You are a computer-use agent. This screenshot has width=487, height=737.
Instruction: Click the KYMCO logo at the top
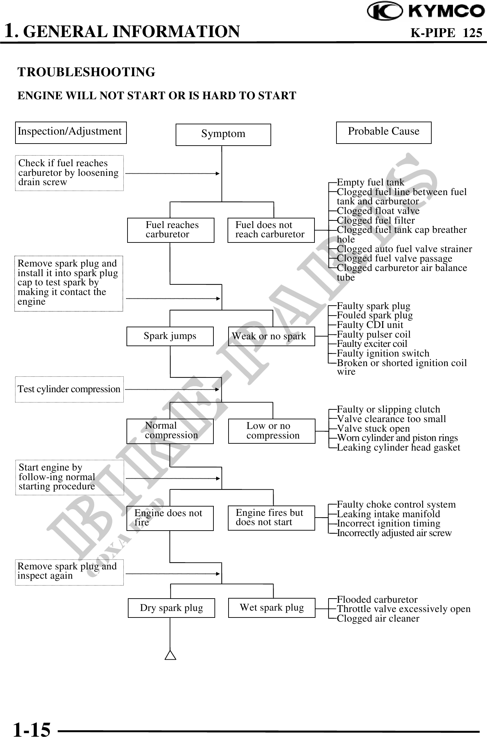click(x=426, y=11)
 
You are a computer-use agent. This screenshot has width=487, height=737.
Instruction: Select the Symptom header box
click(x=223, y=134)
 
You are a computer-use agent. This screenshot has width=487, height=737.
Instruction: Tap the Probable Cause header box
click(x=384, y=132)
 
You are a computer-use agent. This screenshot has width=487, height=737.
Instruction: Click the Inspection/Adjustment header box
click(x=71, y=132)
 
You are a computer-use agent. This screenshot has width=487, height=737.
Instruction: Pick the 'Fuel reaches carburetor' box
click(x=170, y=230)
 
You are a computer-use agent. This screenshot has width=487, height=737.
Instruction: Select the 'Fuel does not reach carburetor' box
click(x=271, y=230)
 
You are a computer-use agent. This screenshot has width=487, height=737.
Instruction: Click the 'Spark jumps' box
click(x=170, y=336)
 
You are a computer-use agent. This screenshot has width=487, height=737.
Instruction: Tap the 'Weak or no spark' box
click(x=272, y=336)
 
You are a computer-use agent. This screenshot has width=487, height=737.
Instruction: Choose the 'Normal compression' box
click(x=170, y=431)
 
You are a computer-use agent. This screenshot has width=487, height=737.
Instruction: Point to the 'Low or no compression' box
click(x=272, y=431)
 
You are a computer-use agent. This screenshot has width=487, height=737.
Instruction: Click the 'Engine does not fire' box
click(x=170, y=518)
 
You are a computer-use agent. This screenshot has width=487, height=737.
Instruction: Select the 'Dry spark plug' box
click(x=171, y=608)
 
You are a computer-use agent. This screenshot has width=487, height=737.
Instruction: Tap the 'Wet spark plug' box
click(x=272, y=608)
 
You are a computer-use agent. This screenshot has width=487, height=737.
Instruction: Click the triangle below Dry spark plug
click(x=170, y=656)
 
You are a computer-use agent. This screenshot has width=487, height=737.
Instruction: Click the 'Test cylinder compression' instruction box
click(x=69, y=389)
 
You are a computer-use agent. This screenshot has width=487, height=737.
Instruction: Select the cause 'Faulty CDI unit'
click(x=370, y=325)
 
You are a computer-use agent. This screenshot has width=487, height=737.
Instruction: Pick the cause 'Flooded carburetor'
click(x=377, y=600)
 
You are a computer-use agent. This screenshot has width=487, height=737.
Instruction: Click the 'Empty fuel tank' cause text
click(x=370, y=182)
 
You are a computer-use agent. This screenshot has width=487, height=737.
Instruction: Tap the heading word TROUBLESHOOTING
click(x=86, y=72)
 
